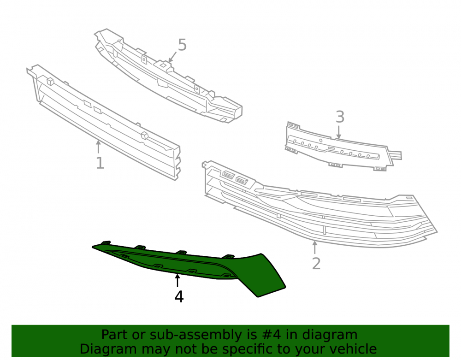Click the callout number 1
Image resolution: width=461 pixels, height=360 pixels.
tap(100, 163)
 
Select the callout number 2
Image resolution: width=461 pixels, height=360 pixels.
tap(316, 264)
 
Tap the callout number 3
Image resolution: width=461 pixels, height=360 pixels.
tap(340, 117)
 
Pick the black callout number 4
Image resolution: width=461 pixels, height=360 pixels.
tap(179, 296)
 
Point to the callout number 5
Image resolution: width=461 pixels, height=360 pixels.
tap(182, 45)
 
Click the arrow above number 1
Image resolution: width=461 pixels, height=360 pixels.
tap(99, 147)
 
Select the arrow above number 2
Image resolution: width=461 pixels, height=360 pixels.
tap(315, 247)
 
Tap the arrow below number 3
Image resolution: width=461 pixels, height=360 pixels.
tap(339, 132)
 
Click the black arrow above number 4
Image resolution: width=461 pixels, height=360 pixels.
tap(177, 280)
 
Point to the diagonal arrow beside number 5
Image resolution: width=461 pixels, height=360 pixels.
tap(172, 57)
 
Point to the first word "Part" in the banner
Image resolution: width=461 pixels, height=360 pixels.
tap(115, 335)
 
